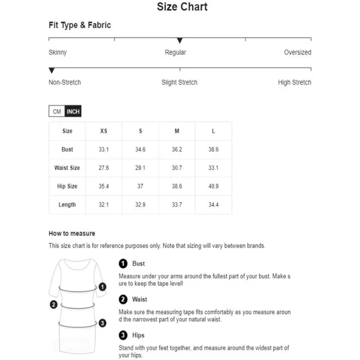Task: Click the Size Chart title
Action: tap(182, 7)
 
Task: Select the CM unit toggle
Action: tap(57, 112)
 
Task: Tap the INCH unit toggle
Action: tap(73, 112)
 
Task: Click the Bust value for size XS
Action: tap(104, 149)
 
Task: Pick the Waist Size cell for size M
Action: tap(177, 168)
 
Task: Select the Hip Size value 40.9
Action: tap(214, 187)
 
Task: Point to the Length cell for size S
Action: tap(140, 205)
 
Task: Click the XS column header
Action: tap(104, 131)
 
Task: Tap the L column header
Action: tap(214, 131)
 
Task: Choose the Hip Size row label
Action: tap(67, 187)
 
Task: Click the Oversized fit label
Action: tap(298, 52)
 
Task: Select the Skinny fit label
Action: tap(58, 52)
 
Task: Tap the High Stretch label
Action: tap(295, 82)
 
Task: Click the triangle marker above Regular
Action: tap(179, 41)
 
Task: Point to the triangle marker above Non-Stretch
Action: tap(52, 71)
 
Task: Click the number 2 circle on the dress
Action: tap(53, 305)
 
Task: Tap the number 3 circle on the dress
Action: tap(103, 323)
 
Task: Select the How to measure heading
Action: tap(72, 233)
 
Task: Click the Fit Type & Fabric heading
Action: tap(80, 25)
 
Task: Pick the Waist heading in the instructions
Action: tap(140, 299)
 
